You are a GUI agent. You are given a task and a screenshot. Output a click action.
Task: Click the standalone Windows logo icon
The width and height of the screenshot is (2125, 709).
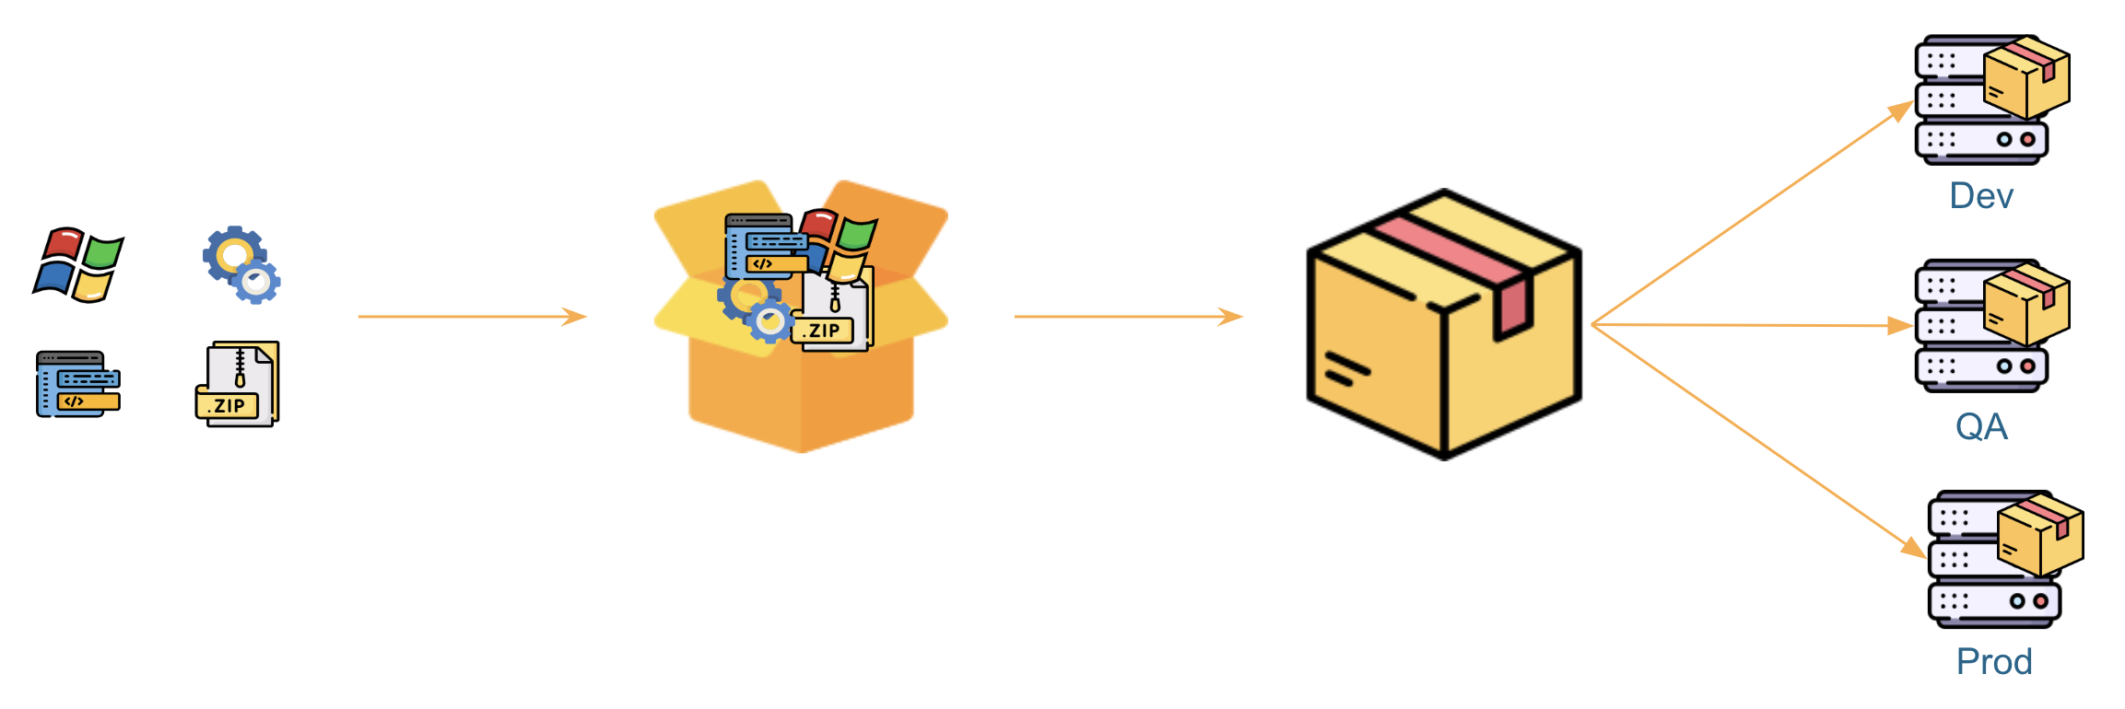(78, 265)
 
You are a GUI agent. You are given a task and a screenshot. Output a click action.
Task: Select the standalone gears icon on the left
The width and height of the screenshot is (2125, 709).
(241, 265)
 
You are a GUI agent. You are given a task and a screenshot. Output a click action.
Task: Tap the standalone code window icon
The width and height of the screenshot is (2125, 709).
(78, 384)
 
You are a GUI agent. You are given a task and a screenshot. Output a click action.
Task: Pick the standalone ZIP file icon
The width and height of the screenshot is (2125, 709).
(238, 385)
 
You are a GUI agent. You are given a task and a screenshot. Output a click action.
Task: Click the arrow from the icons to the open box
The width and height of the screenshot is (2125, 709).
(472, 317)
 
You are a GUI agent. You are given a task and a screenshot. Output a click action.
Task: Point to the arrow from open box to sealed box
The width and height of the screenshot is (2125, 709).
(1128, 317)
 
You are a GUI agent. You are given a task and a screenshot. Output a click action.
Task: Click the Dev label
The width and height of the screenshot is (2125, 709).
(1981, 196)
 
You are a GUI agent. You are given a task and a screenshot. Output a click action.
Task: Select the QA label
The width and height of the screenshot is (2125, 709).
(1981, 426)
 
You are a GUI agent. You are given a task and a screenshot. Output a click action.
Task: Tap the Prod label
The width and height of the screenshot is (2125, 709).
(1994, 661)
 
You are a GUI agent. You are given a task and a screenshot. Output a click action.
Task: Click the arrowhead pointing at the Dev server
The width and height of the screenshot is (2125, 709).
(1900, 110)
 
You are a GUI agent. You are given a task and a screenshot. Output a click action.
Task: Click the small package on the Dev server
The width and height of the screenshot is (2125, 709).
(2026, 78)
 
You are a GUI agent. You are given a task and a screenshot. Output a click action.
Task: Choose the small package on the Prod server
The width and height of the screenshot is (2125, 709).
(2040, 534)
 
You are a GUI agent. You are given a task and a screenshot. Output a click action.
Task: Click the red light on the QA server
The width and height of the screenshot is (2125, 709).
(2027, 366)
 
